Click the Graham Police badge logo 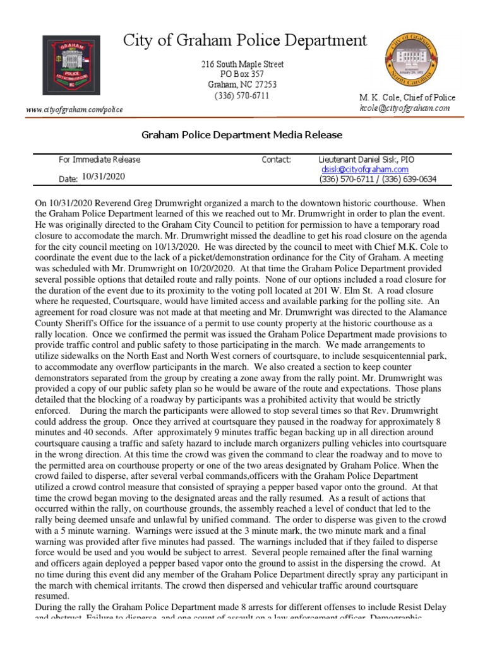71,65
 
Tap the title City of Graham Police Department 244,41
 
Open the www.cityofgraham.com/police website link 75,110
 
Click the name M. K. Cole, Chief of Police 407,98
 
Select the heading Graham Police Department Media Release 242,134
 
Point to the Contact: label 276,160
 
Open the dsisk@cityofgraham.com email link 365,170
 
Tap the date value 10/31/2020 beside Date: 104,177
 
